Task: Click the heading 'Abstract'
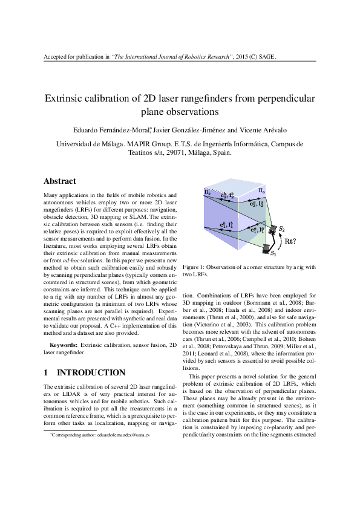tap(60, 181)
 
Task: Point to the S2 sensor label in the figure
tap(282, 229)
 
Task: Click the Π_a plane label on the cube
tap(262, 192)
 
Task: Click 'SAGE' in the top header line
tap(266, 57)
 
